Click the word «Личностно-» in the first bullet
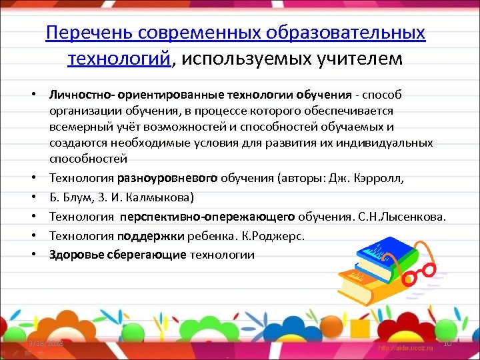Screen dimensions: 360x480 coord(78,95)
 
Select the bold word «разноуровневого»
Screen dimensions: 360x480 coord(167,179)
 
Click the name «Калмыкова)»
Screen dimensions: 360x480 coord(160,197)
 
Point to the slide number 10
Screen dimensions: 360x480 coord(447,344)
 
